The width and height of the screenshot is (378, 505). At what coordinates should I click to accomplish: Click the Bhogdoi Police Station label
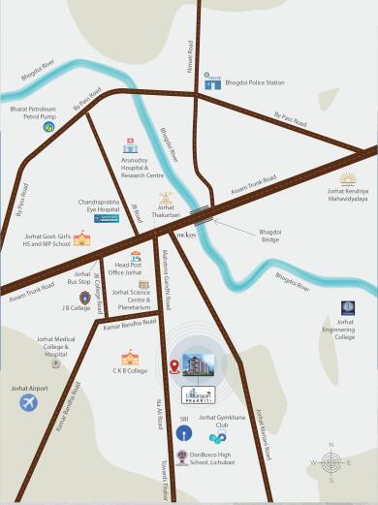[255, 83]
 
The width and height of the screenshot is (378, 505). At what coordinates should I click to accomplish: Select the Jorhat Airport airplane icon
[27, 403]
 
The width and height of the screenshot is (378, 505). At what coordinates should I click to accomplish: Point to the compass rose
[331, 462]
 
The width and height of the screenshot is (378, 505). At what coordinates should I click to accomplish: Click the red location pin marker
[174, 366]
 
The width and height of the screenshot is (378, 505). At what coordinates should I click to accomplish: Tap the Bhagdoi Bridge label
[271, 237]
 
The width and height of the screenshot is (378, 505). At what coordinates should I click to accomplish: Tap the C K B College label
[129, 370]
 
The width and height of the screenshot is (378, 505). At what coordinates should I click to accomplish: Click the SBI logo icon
[183, 431]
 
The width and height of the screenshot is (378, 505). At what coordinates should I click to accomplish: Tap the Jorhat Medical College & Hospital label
[56, 346]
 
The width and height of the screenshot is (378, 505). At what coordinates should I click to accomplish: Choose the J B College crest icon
[85, 297]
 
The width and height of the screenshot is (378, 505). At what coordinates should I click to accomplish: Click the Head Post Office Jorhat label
[128, 269]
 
